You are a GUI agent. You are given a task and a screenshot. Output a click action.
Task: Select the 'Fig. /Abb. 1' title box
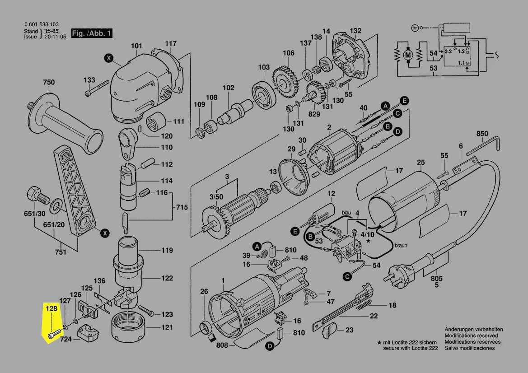pyautogui.click(x=92, y=33)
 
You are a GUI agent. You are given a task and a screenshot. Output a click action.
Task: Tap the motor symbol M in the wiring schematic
pyautogui.click(x=408, y=55)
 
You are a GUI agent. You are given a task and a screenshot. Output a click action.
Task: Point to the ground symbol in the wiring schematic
pyautogui.click(x=415, y=28)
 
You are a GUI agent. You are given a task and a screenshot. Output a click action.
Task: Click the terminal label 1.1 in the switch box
pyautogui.click(x=462, y=63)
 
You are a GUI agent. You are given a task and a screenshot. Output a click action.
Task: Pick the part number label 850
pyautogui.click(x=482, y=134)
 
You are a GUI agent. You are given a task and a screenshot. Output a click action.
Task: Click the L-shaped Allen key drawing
pyautogui.click(x=483, y=144)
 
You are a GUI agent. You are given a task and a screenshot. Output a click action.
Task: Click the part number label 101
pyautogui.click(x=136, y=46)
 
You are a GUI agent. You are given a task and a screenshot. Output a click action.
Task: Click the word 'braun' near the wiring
pyautogui.click(x=401, y=246)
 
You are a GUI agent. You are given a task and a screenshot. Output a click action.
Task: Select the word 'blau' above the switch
pyautogui.click(x=346, y=212)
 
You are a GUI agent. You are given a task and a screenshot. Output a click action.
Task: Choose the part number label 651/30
pyautogui.click(x=35, y=214)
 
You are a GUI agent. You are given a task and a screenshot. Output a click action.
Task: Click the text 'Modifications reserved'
pyautogui.click(x=471, y=336)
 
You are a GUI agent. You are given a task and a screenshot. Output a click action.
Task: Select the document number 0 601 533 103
pyautogui.click(x=41, y=25)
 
